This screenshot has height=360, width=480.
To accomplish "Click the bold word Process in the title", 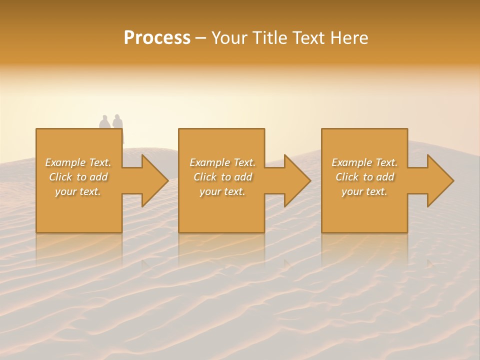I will point(157,38).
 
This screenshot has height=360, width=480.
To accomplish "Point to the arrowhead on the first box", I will point(154,180).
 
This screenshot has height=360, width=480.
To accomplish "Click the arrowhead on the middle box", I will point(297,180).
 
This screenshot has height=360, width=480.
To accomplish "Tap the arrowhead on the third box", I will point(440,180).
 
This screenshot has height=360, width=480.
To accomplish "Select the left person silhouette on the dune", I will point(104,122).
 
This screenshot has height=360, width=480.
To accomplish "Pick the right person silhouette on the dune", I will point(117,122).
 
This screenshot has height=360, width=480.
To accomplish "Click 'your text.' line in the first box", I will point(78,191).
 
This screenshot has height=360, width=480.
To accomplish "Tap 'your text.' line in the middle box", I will point(222,191).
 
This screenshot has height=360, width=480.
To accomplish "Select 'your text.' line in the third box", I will point(364,191).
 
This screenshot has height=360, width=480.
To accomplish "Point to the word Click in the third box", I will point(347,177).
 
